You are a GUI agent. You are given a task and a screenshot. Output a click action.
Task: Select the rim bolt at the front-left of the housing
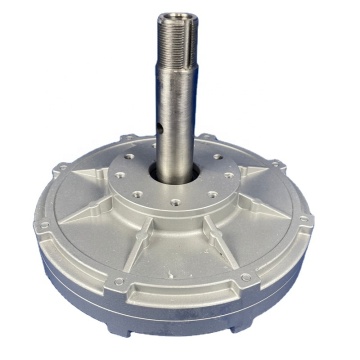(x=118, y=282)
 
